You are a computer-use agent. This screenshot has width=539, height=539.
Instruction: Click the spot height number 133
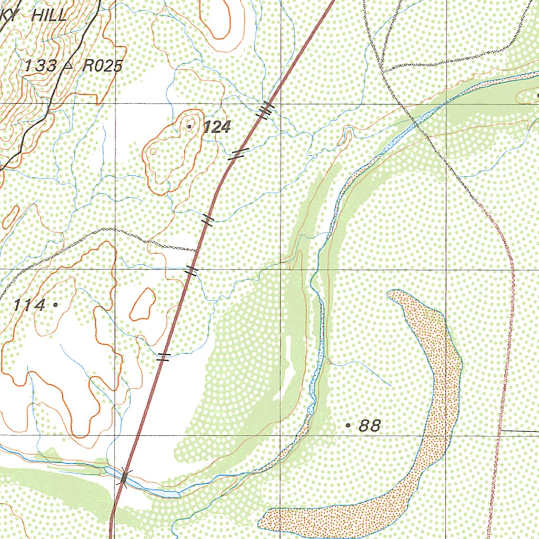(41, 66)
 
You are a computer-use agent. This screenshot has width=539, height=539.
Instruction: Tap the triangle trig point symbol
(68, 66)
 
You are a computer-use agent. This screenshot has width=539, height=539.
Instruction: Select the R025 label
(103, 66)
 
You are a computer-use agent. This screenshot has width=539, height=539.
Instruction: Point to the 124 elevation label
(216, 127)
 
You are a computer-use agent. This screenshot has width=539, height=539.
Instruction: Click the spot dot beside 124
(189, 126)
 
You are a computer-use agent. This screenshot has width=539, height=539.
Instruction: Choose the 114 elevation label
(29, 305)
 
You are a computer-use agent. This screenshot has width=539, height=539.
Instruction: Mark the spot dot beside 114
(55, 304)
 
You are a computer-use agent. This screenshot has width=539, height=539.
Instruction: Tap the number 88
(370, 425)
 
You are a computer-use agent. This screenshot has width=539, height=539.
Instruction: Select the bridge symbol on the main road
(124, 477)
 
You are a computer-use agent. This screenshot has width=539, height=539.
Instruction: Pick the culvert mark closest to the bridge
(164, 357)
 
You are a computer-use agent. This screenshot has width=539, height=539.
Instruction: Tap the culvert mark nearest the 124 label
(237, 154)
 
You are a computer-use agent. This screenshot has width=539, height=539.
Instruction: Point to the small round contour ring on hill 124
(153, 152)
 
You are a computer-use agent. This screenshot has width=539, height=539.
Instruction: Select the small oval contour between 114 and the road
(143, 304)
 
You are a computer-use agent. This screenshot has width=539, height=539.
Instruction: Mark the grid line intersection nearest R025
(114, 103)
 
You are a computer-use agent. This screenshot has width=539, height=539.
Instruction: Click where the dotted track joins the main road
(196, 251)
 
